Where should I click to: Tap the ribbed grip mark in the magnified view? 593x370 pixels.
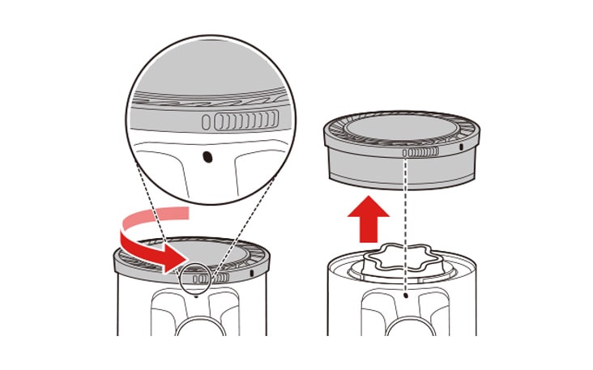[x=242, y=122]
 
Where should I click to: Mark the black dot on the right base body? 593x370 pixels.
[x=404, y=297]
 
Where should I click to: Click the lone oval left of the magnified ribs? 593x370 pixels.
[x=207, y=122]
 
